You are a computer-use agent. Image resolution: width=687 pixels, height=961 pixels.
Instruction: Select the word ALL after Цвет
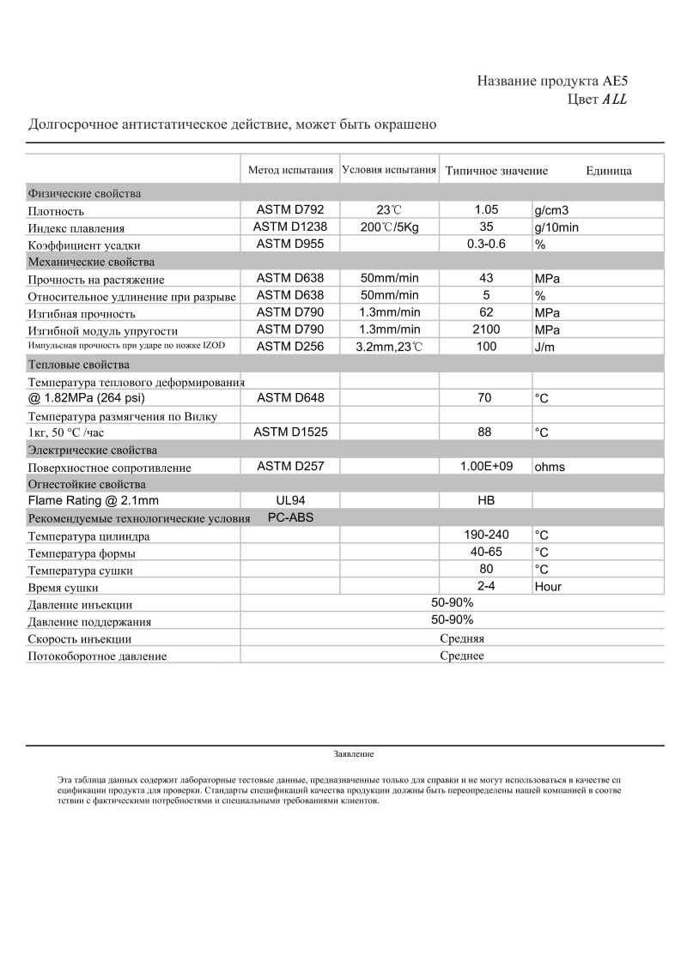click(x=615, y=100)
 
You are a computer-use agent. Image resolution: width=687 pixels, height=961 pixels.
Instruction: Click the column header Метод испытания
click(x=290, y=170)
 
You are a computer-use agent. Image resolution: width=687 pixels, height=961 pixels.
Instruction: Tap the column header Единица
click(x=609, y=171)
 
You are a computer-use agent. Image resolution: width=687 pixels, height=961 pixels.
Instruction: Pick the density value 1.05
click(x=486, y=210)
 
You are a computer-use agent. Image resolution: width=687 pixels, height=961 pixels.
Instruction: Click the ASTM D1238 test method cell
click(x=290, y=227)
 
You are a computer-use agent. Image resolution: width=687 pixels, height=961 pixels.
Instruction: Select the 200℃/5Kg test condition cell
click(x=389, y=227)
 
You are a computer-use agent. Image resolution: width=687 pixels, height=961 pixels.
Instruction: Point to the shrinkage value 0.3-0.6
click(x=486, y=245)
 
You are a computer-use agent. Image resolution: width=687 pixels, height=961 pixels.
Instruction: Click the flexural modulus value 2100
click(x=486, y=329)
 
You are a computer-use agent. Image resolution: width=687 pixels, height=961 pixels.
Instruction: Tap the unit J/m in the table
click(x=545, y=347)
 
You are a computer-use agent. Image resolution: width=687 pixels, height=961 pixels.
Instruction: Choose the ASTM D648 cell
click(x=290, y=397)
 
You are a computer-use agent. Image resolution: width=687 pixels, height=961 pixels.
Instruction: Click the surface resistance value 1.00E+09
click(x=486, y=466)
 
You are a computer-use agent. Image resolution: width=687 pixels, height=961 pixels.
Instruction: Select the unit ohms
click(x=550, y=467)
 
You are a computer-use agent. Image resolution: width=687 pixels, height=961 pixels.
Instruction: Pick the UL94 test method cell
click(x=290, y=500)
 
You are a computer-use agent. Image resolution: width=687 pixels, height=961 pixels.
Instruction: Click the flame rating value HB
click(x=486, y=500)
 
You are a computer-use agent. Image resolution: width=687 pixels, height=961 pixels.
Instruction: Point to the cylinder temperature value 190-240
click(x=486, y=535)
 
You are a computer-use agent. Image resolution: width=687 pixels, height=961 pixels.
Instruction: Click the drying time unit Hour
click(x=548, y=587)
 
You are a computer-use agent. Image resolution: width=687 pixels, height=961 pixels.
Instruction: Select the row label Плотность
click(x=56, y=211)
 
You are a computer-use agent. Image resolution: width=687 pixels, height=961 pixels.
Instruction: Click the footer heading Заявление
click(x=354, y=754)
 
